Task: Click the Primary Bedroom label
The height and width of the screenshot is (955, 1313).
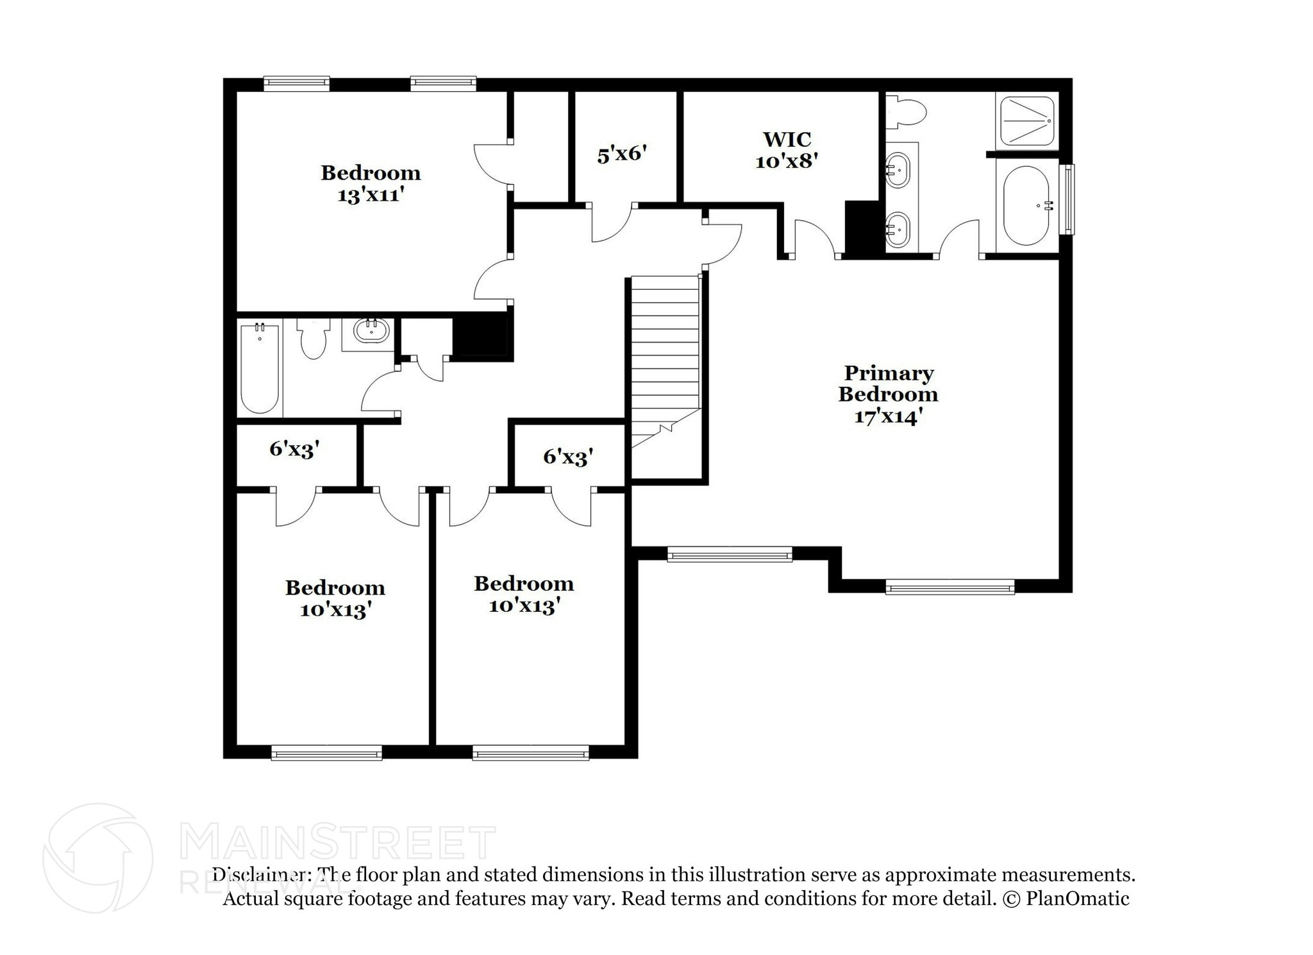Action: pyautogui.click(x=888, y=384)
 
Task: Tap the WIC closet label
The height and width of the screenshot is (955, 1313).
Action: pyautogui.click(x=787, y=139)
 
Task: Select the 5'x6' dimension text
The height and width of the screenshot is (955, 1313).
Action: pyautogui.click(x=621, y=155)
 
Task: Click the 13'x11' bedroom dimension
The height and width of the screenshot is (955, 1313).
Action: pyautogui.click(x=371, y=194)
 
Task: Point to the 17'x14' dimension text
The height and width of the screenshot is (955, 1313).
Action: pyautogui.click(x=888, y=416)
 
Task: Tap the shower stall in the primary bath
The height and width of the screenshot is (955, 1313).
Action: pyautogui.click(x=1027, y=121)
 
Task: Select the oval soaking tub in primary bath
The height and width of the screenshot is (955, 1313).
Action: pyautogui.click(x=1026, y=205)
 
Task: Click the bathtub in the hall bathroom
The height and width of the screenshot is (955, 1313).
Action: pyautogui.click(x=260, y=369)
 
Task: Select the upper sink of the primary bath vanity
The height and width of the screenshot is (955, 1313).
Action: pyautogui.click(x=898, y=170)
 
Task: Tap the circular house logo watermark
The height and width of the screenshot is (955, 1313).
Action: pyautogui.click(x=97, y=858)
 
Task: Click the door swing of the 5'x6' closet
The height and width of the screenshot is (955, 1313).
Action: pyautogui.click(x=611, y=223)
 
